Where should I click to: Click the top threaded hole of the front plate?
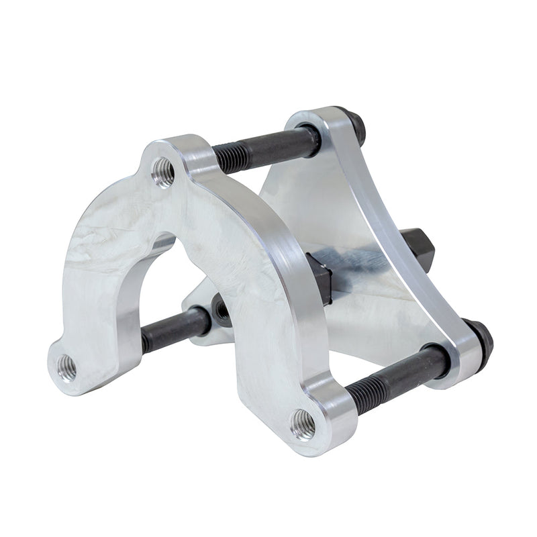163,173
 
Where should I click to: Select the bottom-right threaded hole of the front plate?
303,424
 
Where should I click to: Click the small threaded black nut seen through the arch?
221,309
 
